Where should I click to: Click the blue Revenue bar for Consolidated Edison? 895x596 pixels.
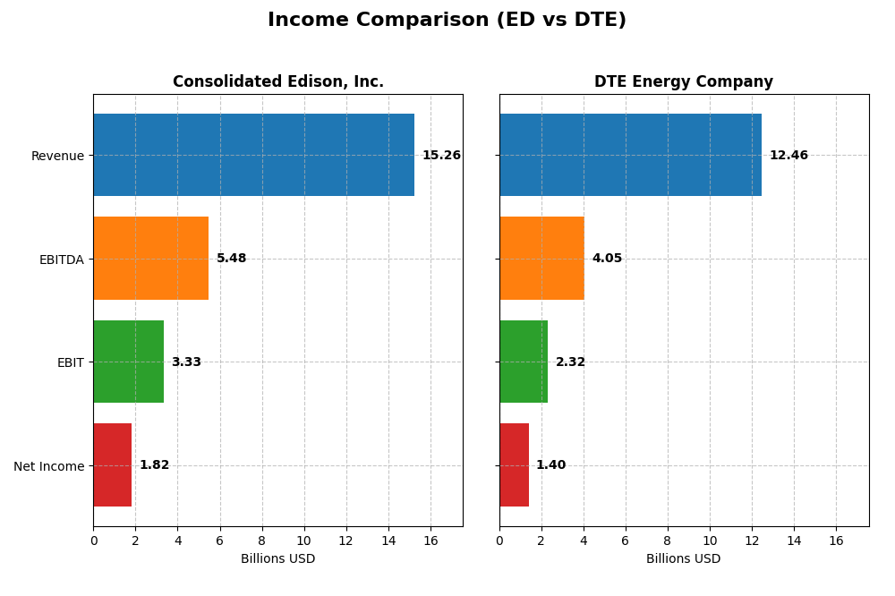click(x=253, y=155)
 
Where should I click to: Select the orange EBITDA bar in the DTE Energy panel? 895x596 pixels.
click(x=541, y=259)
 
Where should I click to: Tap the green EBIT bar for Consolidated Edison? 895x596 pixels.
click(x=128, y=362)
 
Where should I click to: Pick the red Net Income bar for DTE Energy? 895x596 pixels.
click(x=514, y=465)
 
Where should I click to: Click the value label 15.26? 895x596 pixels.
click(x=441, y=156)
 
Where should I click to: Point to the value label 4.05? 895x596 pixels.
click(x=607, y=259)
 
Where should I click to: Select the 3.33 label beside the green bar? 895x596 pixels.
click(x=186, y=362)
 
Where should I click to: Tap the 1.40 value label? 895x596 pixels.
click(x=550, y=465)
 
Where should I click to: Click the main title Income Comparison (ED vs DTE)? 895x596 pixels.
click(x=447, y=20)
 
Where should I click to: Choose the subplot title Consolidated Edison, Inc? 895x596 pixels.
click(x=278, y=82)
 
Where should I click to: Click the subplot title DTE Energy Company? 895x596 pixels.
click(x=684, y=82)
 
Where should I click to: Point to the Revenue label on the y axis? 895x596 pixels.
click(x=57, y=157)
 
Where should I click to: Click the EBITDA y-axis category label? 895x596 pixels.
click(x=61, y=260)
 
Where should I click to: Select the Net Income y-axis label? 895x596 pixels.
click(x=48, y=466)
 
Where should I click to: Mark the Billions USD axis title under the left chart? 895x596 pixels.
click(x=277, y=559)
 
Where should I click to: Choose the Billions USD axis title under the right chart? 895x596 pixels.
click(x=684, y=559)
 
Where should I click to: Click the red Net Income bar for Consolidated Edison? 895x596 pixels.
click(x=112, y=465)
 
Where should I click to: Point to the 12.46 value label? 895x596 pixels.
click(x=788, y=156)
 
